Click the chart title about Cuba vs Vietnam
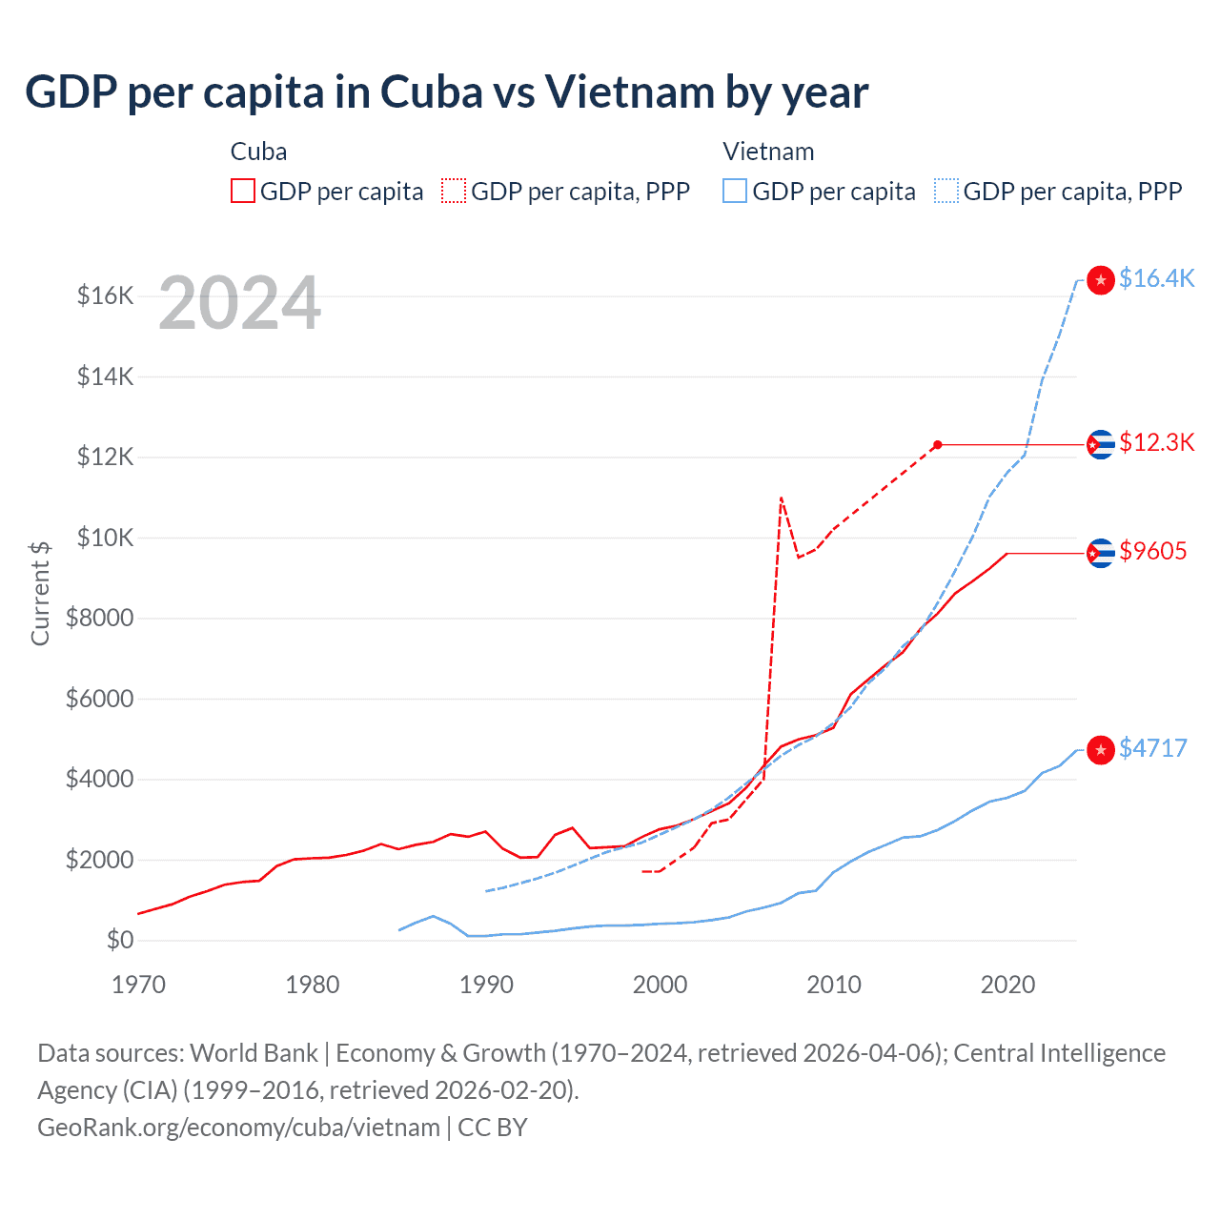point(446,92)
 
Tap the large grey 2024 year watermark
point(239,304)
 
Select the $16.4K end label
point(1156,278)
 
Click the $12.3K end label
point(1156,442)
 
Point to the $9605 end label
point(1153,551)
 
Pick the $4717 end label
point(1153,748)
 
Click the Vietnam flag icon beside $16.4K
point(1101,280)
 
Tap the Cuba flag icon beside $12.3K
point(1101,444)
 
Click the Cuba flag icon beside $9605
point(1101,553)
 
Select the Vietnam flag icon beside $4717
point(1101,750)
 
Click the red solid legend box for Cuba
point(243,192)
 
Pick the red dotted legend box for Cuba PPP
point(454,192)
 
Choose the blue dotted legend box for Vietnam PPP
point(946,192)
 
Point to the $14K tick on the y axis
point(106,376)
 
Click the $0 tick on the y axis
point(120,941)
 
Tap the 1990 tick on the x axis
point(486,985)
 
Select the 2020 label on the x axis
point(1007,985)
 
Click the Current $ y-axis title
point(40,593)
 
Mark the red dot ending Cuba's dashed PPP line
point(938,445)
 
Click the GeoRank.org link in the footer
point(238,1128)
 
